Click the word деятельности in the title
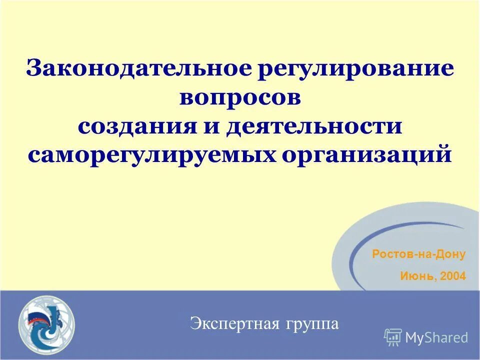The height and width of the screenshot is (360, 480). click(x=314, y=125)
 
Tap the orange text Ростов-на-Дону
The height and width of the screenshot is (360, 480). click(x=418, y=254)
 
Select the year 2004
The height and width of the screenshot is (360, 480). click(x=453, y=275)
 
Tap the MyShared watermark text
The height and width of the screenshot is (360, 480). click(x=436, y=337)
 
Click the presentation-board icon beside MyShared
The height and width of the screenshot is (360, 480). click(x=393, y=337)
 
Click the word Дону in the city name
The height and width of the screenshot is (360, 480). click(x=451, y=254)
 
